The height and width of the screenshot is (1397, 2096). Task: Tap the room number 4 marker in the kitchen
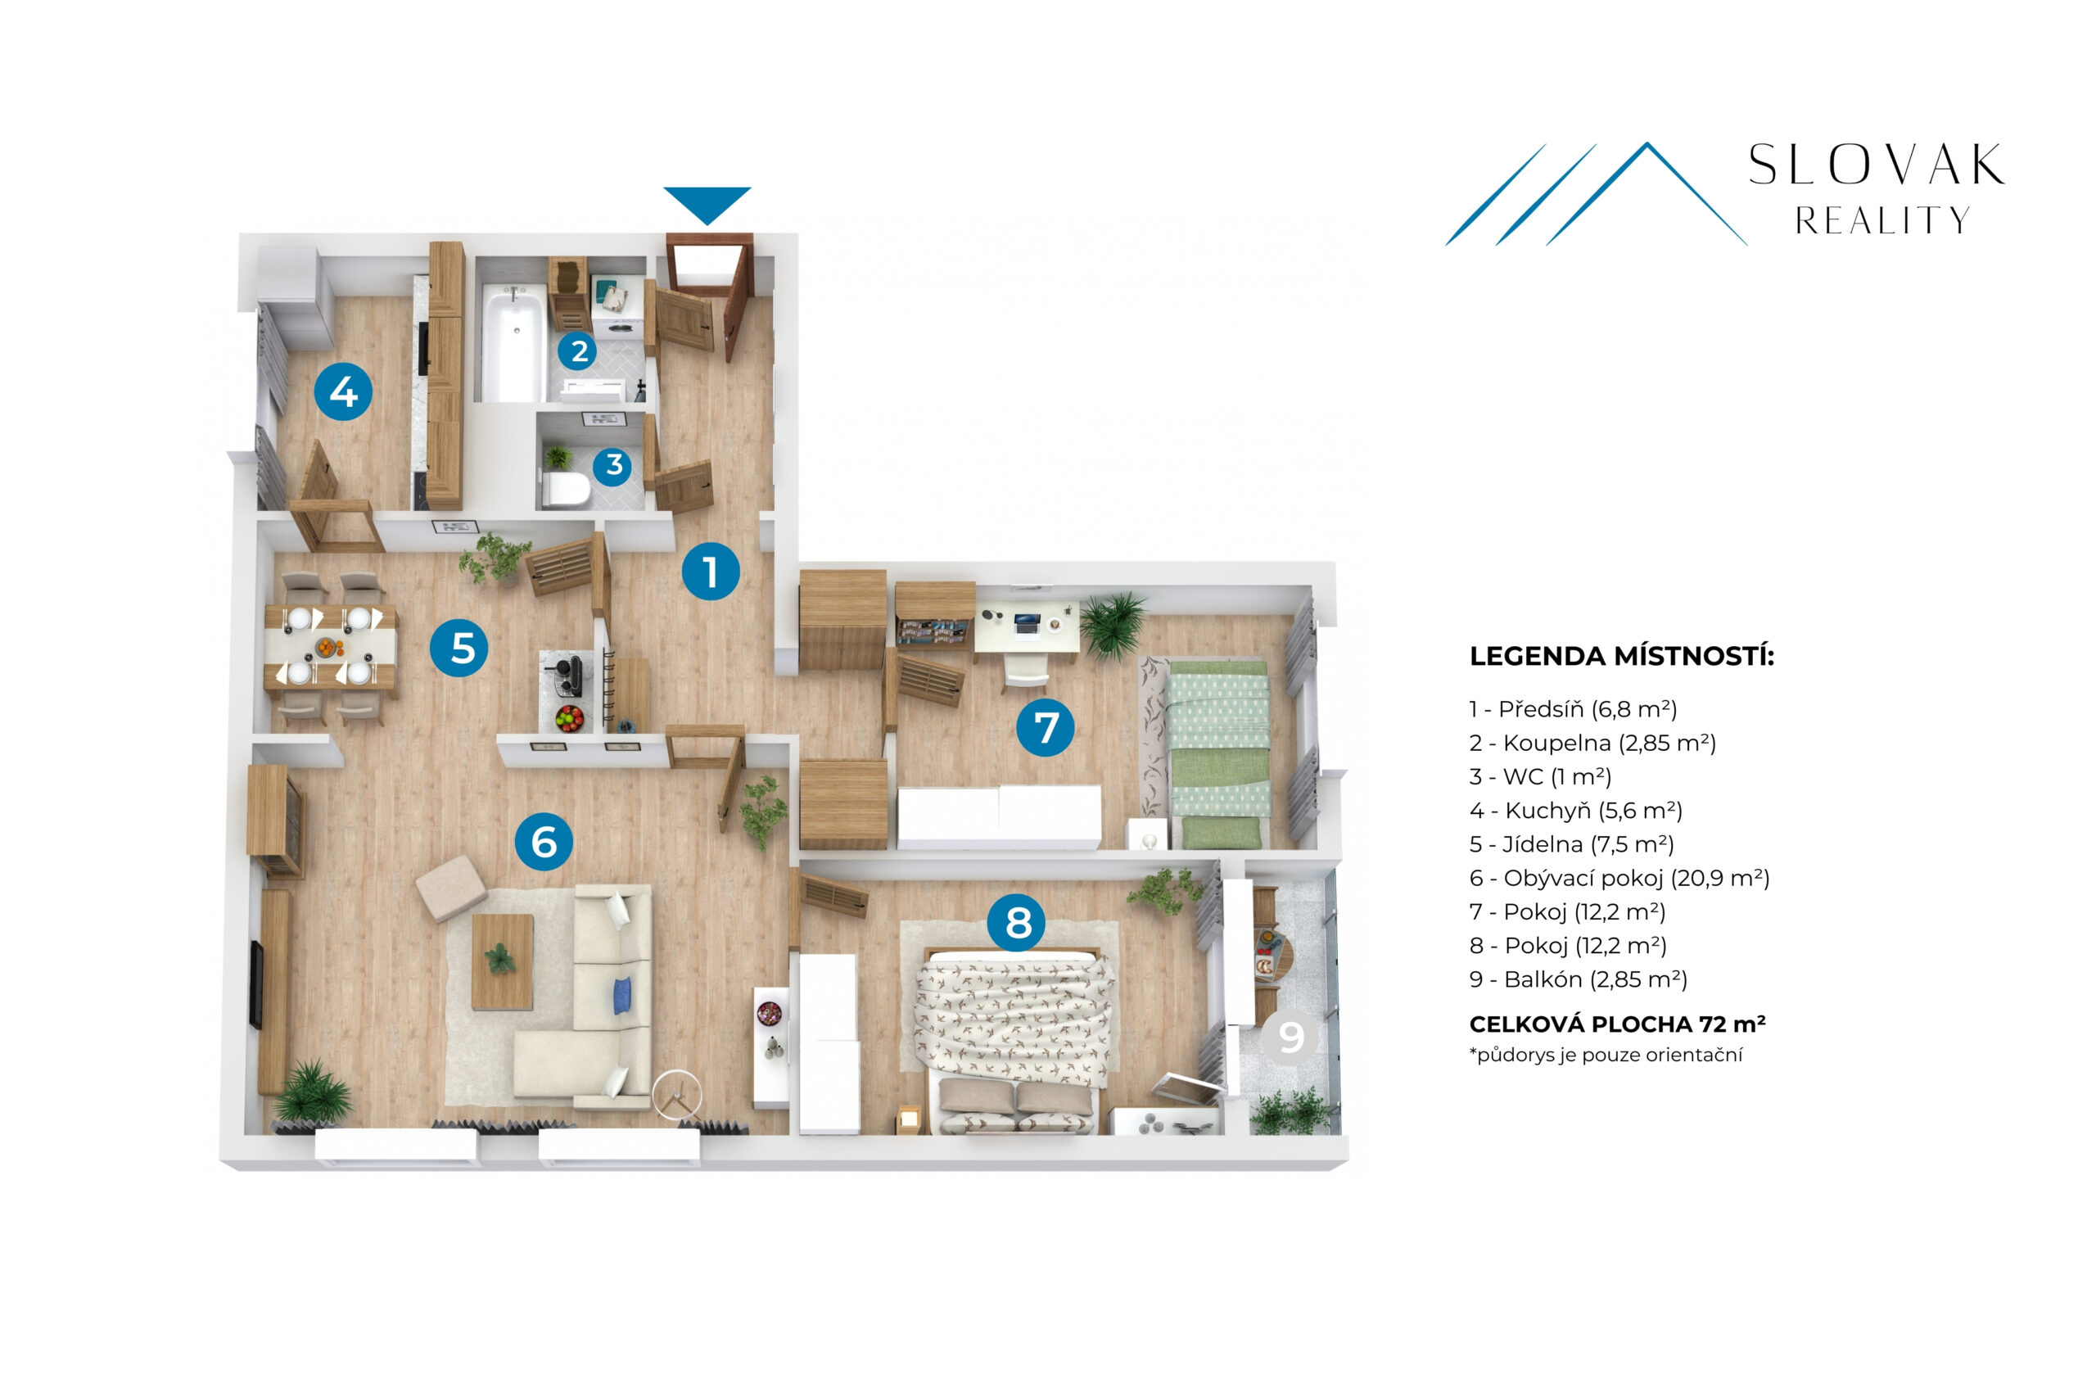[343, 391]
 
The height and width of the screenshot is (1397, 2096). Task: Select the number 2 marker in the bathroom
[578, 351]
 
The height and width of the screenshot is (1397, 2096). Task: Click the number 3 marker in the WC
[613, 464]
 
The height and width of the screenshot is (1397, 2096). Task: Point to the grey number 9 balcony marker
[1289, 1036]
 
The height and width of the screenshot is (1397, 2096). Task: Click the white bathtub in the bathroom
[514, 344]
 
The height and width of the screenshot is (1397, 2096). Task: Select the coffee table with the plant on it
[502, 961]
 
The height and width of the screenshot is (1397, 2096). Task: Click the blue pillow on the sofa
[622, 994]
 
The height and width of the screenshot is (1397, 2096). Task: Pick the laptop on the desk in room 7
[1027, 624]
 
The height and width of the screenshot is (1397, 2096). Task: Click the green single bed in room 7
[1217, 753]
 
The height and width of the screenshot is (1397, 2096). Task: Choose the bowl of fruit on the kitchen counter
[569, 717]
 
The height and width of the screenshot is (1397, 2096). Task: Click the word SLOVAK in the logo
[1876, 165]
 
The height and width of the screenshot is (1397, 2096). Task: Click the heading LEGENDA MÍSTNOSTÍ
[1621, 657]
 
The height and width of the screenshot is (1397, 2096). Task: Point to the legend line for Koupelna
[1592, 743]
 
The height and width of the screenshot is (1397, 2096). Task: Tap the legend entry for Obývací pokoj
[1619, 879]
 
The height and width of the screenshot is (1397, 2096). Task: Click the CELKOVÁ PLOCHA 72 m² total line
[1618, 1024]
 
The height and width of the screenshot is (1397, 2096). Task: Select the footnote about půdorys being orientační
[1606, 1056]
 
